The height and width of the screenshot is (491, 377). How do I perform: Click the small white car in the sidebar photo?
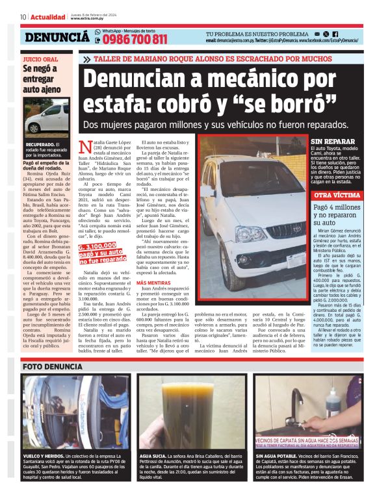(47, 118)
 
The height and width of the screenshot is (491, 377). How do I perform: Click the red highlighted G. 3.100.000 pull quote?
(101, 253)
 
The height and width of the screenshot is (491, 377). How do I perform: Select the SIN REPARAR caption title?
(332, 141)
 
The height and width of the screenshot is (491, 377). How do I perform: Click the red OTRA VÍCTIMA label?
(336, 195)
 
